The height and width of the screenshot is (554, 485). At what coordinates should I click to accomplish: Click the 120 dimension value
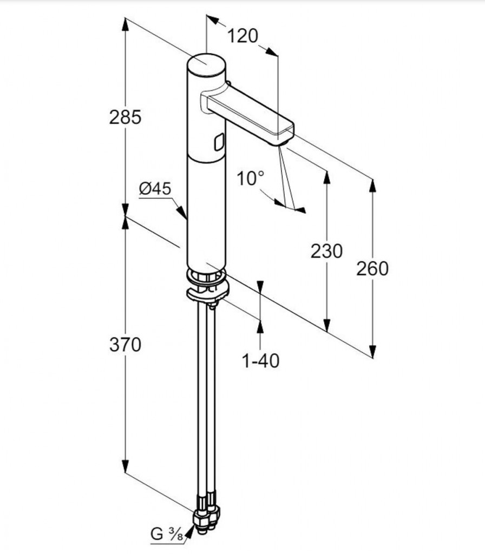click(242, 36)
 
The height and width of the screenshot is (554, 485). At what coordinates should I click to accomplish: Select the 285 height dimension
click(125, 116)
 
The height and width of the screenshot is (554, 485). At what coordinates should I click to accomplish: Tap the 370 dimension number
click(125, 345)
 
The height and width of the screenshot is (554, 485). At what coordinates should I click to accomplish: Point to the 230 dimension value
click(326, 251)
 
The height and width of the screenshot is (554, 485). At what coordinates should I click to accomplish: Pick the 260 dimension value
click(372, 268)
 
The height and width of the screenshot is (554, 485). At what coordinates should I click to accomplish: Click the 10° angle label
click(251, 178)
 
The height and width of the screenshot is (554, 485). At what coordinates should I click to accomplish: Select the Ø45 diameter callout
click(155, 189)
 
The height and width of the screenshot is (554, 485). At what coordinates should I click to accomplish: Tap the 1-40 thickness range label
click(261, 360)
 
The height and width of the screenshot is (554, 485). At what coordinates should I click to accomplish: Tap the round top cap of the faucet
click(206, 66)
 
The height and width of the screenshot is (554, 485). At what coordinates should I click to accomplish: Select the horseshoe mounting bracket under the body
click(208, 293)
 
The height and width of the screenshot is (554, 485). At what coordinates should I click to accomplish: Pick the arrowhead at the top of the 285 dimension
click(126, 23)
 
